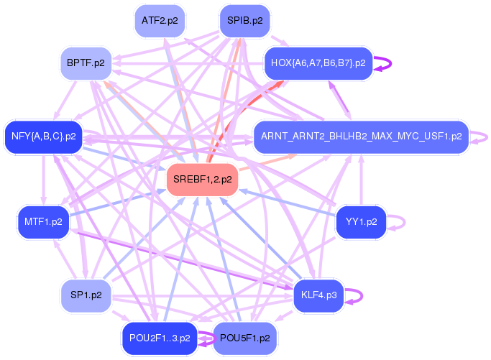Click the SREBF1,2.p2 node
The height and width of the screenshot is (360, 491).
202,180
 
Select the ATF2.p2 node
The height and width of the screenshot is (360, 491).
160,20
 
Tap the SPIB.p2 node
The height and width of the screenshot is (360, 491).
244,20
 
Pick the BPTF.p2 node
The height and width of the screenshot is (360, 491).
86,63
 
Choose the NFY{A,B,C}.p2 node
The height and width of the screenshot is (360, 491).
43,136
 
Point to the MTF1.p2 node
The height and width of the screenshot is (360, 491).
43,222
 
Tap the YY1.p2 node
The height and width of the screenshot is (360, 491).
361,222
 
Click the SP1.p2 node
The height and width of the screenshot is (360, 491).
86,295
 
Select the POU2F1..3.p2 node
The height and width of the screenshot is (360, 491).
160,337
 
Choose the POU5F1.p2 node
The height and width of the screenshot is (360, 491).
244,338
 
